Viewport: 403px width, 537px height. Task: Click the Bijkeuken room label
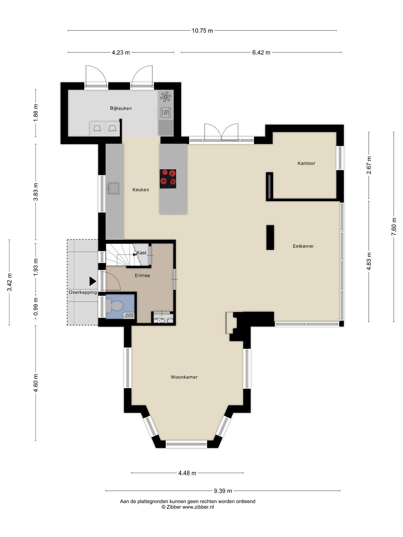click(x=121, y=108)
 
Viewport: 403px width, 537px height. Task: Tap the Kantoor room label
click(x=306, y=163)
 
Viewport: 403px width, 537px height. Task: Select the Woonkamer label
click(x=184, y=377)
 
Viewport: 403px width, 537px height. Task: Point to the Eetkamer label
click(x=303, y=246)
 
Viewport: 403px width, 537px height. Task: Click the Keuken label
click(x=141, y=190)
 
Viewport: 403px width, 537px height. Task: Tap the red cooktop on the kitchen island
click(x=168, y=179)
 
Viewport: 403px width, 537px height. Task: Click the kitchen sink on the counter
click(x=113, y=188)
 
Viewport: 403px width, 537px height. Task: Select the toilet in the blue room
click(x=114, y=306)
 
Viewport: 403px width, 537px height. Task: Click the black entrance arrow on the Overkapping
click(x=93, y=281)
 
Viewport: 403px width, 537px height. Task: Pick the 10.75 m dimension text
click(x=202, y=31)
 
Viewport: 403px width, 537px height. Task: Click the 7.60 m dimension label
click(x=394, y=227)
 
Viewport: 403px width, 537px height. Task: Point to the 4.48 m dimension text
click(x=187, y=473)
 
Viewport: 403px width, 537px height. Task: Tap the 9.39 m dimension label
click(x=223, y=491)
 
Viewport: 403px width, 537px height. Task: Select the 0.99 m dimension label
click(x=36, y=307)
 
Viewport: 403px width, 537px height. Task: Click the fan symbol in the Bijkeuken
click(x=166, y=97)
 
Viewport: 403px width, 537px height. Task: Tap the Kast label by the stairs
click(x=141, y=253)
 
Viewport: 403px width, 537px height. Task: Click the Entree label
click(x=142, y=276)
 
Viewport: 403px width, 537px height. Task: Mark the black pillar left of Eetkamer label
click(x=270, y=238)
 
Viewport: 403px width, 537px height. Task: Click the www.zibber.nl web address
click(x=198, y=507)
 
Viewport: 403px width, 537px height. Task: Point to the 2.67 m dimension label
click(x=369, y=165)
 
